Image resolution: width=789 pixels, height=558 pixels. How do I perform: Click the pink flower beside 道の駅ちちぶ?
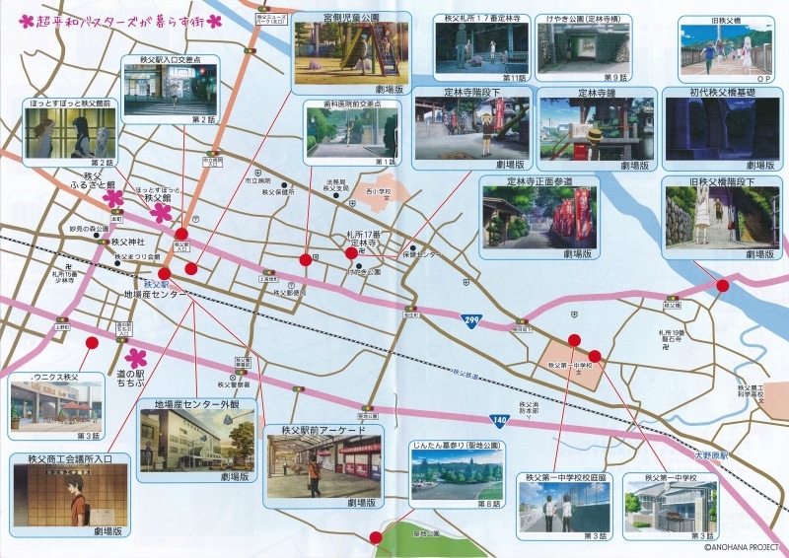[137, 357]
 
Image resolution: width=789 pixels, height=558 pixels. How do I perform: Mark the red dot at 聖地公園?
[375, 538]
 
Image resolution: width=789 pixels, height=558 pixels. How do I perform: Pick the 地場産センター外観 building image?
[197, 441]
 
